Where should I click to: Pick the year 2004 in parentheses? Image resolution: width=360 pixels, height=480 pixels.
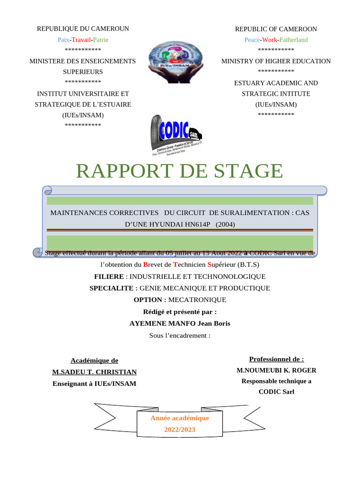[225, 225]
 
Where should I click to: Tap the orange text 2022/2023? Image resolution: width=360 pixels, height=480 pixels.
[180, 429]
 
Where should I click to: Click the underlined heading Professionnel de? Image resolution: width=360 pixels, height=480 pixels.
[276, 360]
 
